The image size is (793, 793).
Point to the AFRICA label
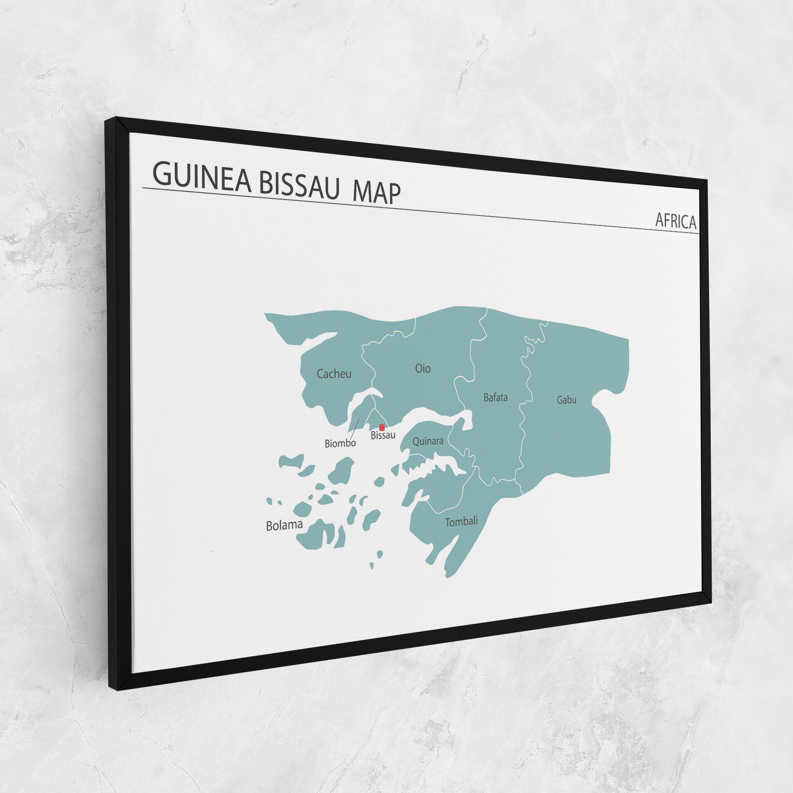point(676,221)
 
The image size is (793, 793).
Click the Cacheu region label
point(334,374)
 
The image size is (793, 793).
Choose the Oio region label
point(423,369)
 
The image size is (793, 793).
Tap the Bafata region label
point(495,397)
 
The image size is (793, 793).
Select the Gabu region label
point(566,400)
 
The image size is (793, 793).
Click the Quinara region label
point(428,441)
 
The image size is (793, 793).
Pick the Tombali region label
point(461,522)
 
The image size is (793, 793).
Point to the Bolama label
point(284,525)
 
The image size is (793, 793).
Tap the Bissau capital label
point(383,436)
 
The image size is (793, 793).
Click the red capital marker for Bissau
point(381,427)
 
